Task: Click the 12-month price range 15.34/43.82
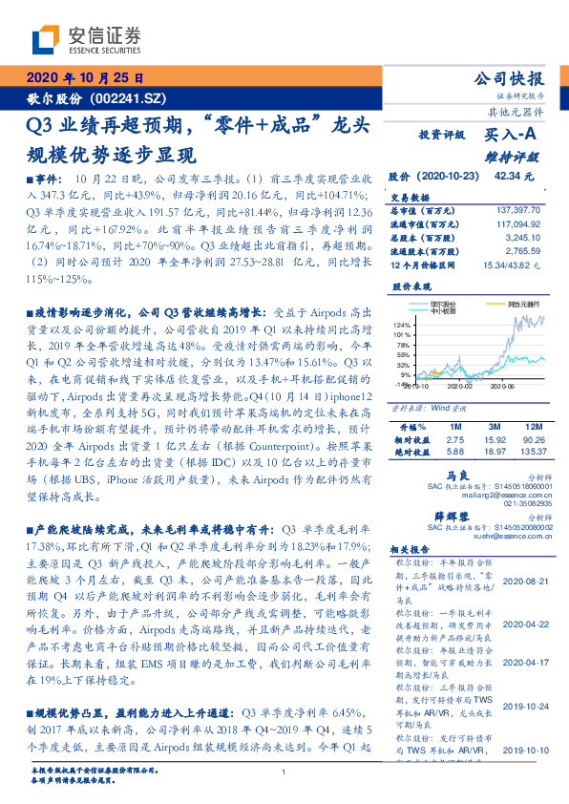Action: pyautogui.click(x=517, y=263)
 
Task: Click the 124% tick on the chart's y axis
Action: pyautogui.click(x=401, y=327)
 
